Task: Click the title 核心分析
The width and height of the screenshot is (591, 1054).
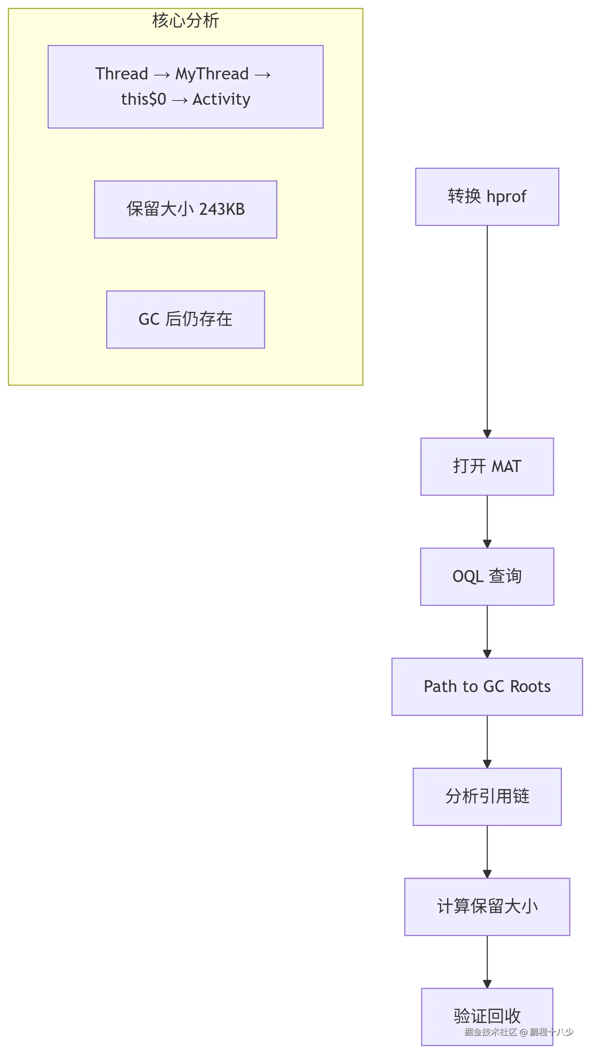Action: (185, 20)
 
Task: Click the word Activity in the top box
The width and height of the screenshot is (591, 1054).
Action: (222, 99)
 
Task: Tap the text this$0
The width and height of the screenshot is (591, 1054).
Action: (143, 99)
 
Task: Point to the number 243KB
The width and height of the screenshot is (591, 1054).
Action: (222, 209)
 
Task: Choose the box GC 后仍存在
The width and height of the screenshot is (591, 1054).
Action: (185, 319)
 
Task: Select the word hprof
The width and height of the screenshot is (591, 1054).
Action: (506, 197)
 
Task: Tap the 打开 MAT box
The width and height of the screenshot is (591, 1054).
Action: (487, 466)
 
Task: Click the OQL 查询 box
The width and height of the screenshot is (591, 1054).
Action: (487, 576)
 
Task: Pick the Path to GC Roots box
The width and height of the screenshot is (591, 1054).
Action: (487, 686)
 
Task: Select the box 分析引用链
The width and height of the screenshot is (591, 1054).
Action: (487, 796)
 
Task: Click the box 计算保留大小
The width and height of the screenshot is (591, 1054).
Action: (487, 907)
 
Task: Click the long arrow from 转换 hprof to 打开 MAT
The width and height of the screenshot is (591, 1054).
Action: (487, 332)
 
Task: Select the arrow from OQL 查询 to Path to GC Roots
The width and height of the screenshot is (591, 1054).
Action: (487, 631)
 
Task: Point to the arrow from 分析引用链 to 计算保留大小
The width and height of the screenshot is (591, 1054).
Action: (487, 852)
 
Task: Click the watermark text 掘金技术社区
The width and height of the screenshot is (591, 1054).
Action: (490, 1031)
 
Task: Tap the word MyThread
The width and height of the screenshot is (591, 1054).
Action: (212, 74)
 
